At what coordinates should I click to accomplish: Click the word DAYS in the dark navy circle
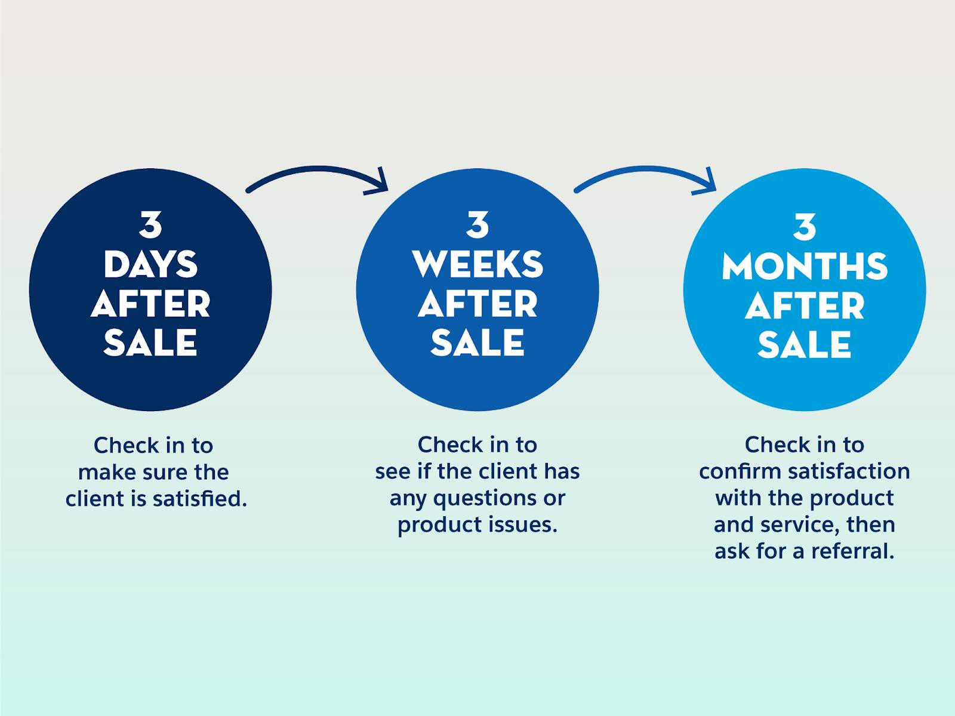[x=150, y=264]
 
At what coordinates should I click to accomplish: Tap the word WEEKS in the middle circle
[x=478, y=264]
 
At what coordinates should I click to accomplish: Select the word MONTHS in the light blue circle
[x=805, y=266]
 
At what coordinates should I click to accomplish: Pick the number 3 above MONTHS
[x=805, y=227]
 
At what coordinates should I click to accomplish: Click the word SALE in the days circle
[x=150, y=342]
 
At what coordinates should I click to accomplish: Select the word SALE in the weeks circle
[x=478, y=342]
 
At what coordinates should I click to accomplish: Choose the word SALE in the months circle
[x=805, y=345]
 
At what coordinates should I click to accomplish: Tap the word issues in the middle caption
[x=527, y=524]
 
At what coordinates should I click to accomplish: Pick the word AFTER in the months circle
[x=805, y=306]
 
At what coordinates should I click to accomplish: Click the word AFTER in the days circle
[x=150, y=304]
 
